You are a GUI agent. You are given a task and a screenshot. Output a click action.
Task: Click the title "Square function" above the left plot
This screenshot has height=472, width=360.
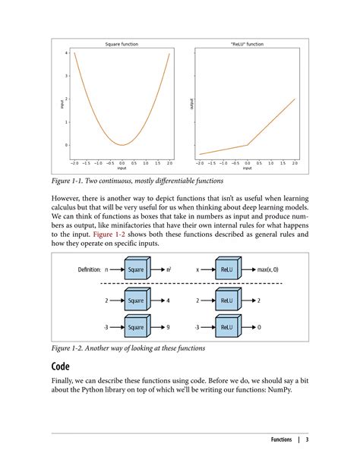(122, 44)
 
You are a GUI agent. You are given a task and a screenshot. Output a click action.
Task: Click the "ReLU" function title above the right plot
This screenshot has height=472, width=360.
(247, 44)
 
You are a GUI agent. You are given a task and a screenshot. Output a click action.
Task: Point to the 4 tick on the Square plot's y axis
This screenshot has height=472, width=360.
(66, 53)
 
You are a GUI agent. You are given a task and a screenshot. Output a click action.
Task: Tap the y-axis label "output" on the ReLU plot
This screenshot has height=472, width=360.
(193, 103)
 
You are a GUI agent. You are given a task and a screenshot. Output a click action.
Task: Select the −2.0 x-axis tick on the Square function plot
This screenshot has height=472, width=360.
(74, 163)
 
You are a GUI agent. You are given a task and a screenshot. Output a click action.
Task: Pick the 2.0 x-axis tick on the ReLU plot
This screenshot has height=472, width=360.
(295, 163)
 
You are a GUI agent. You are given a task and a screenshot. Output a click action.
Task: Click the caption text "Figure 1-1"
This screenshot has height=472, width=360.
(68, 181)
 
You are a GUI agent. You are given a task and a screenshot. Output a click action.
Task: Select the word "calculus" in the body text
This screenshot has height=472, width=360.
(66, 206)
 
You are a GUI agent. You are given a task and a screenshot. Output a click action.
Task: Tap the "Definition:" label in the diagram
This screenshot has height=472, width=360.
(90, 269)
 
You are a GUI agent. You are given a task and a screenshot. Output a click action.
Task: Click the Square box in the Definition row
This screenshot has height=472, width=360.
(136, 269)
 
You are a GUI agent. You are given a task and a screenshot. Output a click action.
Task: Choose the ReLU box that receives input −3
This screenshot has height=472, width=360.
(227, 327)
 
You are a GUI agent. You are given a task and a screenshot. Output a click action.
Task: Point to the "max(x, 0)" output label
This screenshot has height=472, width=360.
(268, 269)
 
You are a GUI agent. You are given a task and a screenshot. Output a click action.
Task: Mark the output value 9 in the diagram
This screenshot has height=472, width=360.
(168, 327)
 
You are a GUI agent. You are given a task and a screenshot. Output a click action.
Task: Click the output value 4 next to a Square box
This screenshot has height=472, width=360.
(168, 301)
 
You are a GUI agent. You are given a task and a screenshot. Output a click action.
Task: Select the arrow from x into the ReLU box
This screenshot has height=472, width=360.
(208, 269)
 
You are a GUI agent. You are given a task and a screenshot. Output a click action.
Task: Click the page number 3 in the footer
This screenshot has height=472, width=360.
(307, 441)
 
